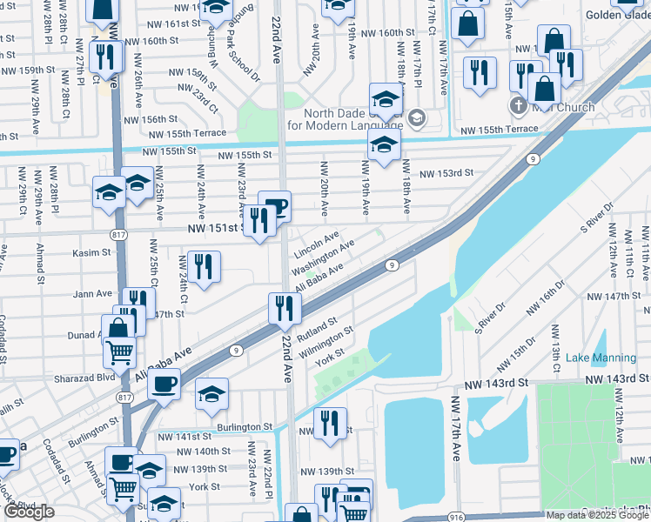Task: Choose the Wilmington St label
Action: tap(326, 343)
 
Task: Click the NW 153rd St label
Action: tap(446, 173)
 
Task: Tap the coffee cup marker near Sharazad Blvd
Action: tap(164, 383)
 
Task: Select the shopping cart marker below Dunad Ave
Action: tap(120, 352)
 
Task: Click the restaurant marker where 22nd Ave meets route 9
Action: tap(285, 307)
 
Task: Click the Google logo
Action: tap(29, 512)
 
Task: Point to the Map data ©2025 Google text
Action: tap(596, 515)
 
